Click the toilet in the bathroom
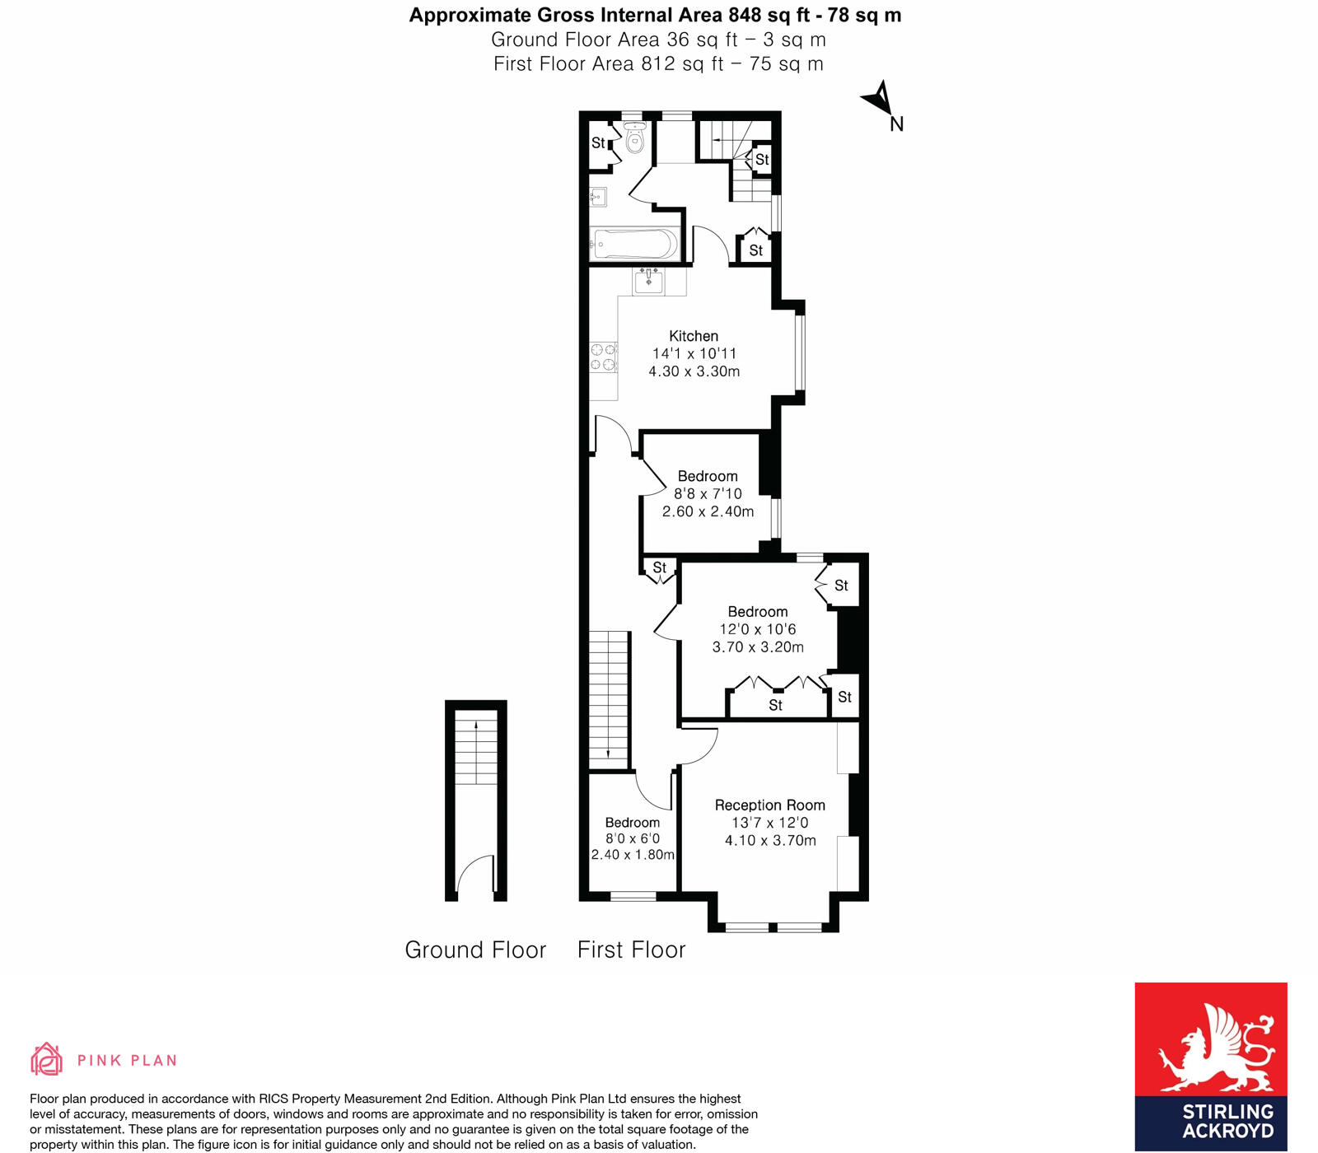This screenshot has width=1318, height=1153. coord(634,140)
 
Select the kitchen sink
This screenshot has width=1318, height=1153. coord(649,282)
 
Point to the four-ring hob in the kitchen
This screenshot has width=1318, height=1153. coord(603,357)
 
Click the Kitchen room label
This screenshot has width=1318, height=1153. coord(694,336)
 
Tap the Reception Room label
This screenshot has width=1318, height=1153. coord(769,805)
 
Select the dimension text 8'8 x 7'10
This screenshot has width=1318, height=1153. coord(708,494)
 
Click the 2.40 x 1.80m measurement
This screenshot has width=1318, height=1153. coord(633,855)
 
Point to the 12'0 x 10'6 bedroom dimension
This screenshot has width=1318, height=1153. coord(757,629)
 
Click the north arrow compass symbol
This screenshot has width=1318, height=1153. coord(879,100)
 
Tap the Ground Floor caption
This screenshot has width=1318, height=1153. coord(475,950)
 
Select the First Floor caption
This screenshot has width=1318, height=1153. coord(631,950)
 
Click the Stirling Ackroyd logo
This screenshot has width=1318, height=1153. coord(1210,1066)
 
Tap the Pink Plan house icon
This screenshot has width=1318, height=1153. coord(47,1059)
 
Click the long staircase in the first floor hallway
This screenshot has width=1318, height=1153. coord(609,696)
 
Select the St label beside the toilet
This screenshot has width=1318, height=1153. coord(598,143)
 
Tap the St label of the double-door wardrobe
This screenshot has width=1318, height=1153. coord(775,706)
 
